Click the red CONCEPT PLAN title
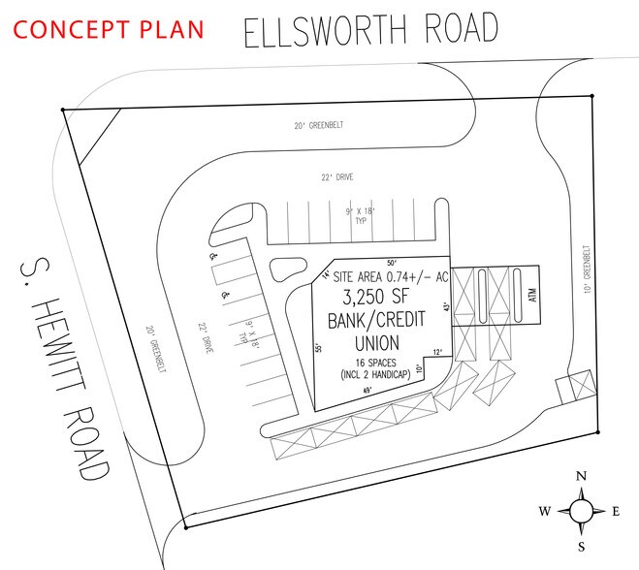(110, 28)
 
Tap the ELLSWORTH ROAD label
(371, 30)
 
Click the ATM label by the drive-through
(532, 295)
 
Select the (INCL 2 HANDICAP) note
(377, 374)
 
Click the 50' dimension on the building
(392, 263)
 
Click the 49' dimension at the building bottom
(367, 390)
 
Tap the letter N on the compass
(581, 476)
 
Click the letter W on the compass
(545, 512)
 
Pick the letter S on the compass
(581, 546)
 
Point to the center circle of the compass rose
(581, 511)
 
